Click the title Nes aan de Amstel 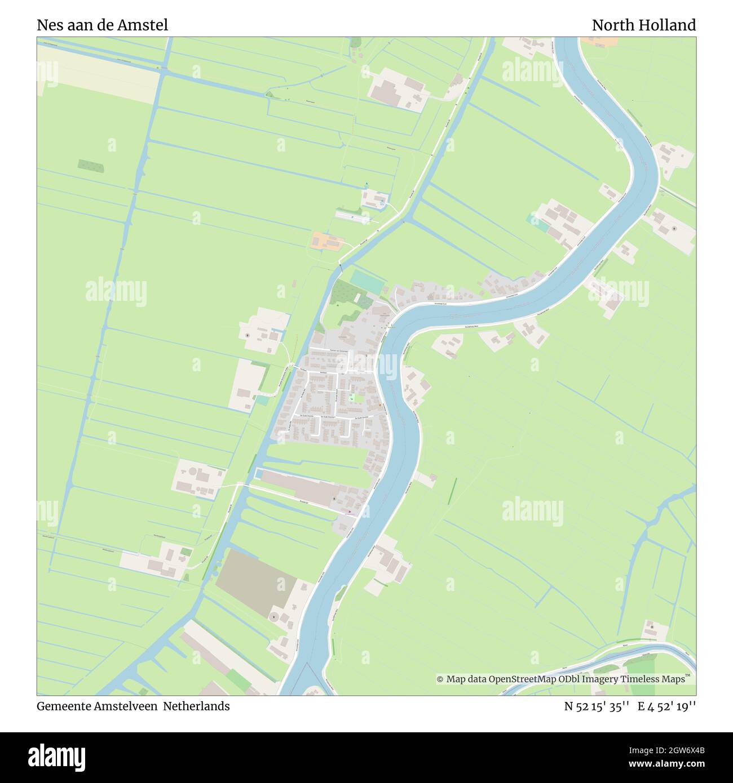[102, 25]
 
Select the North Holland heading [643, 25]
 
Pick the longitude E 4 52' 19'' [666, 706]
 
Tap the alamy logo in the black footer [58, 756]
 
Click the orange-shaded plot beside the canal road [326, 242]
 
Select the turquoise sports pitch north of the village [366, 281]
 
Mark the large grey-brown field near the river [255, 580]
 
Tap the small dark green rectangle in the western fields [91, 166]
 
